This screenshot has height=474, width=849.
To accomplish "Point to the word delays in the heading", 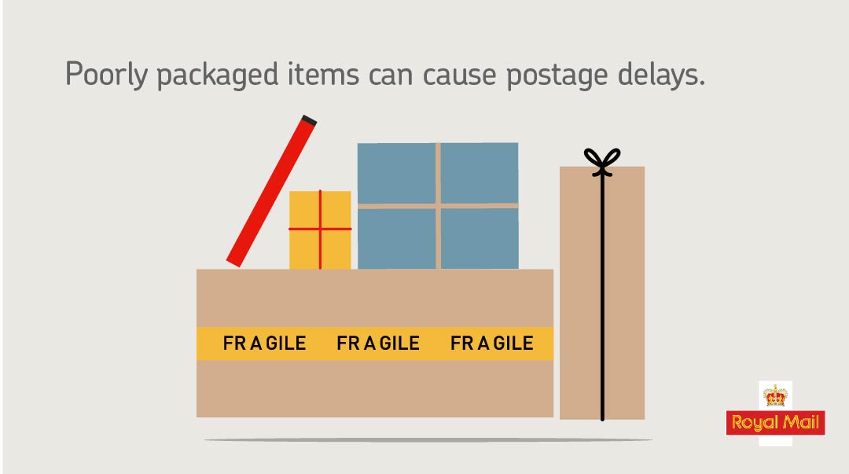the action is coord(661,75).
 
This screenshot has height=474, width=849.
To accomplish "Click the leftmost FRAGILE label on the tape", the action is coord(265,344).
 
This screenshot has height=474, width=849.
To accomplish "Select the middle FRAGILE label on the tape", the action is coord(378,344).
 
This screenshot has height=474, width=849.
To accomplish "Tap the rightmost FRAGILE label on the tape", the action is coord(492,344).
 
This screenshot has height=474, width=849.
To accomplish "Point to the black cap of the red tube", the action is coord(308,121).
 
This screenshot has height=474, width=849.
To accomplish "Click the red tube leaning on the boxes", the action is coord(270,193).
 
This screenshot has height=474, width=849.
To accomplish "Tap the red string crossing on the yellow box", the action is coord(320,229).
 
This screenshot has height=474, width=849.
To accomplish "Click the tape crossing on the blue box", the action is coord(438,206).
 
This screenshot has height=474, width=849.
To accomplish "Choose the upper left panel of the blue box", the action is coord(396,173).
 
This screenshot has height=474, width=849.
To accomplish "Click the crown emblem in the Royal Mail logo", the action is coord(775,395).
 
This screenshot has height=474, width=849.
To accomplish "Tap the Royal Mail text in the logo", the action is coord(775,423).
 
